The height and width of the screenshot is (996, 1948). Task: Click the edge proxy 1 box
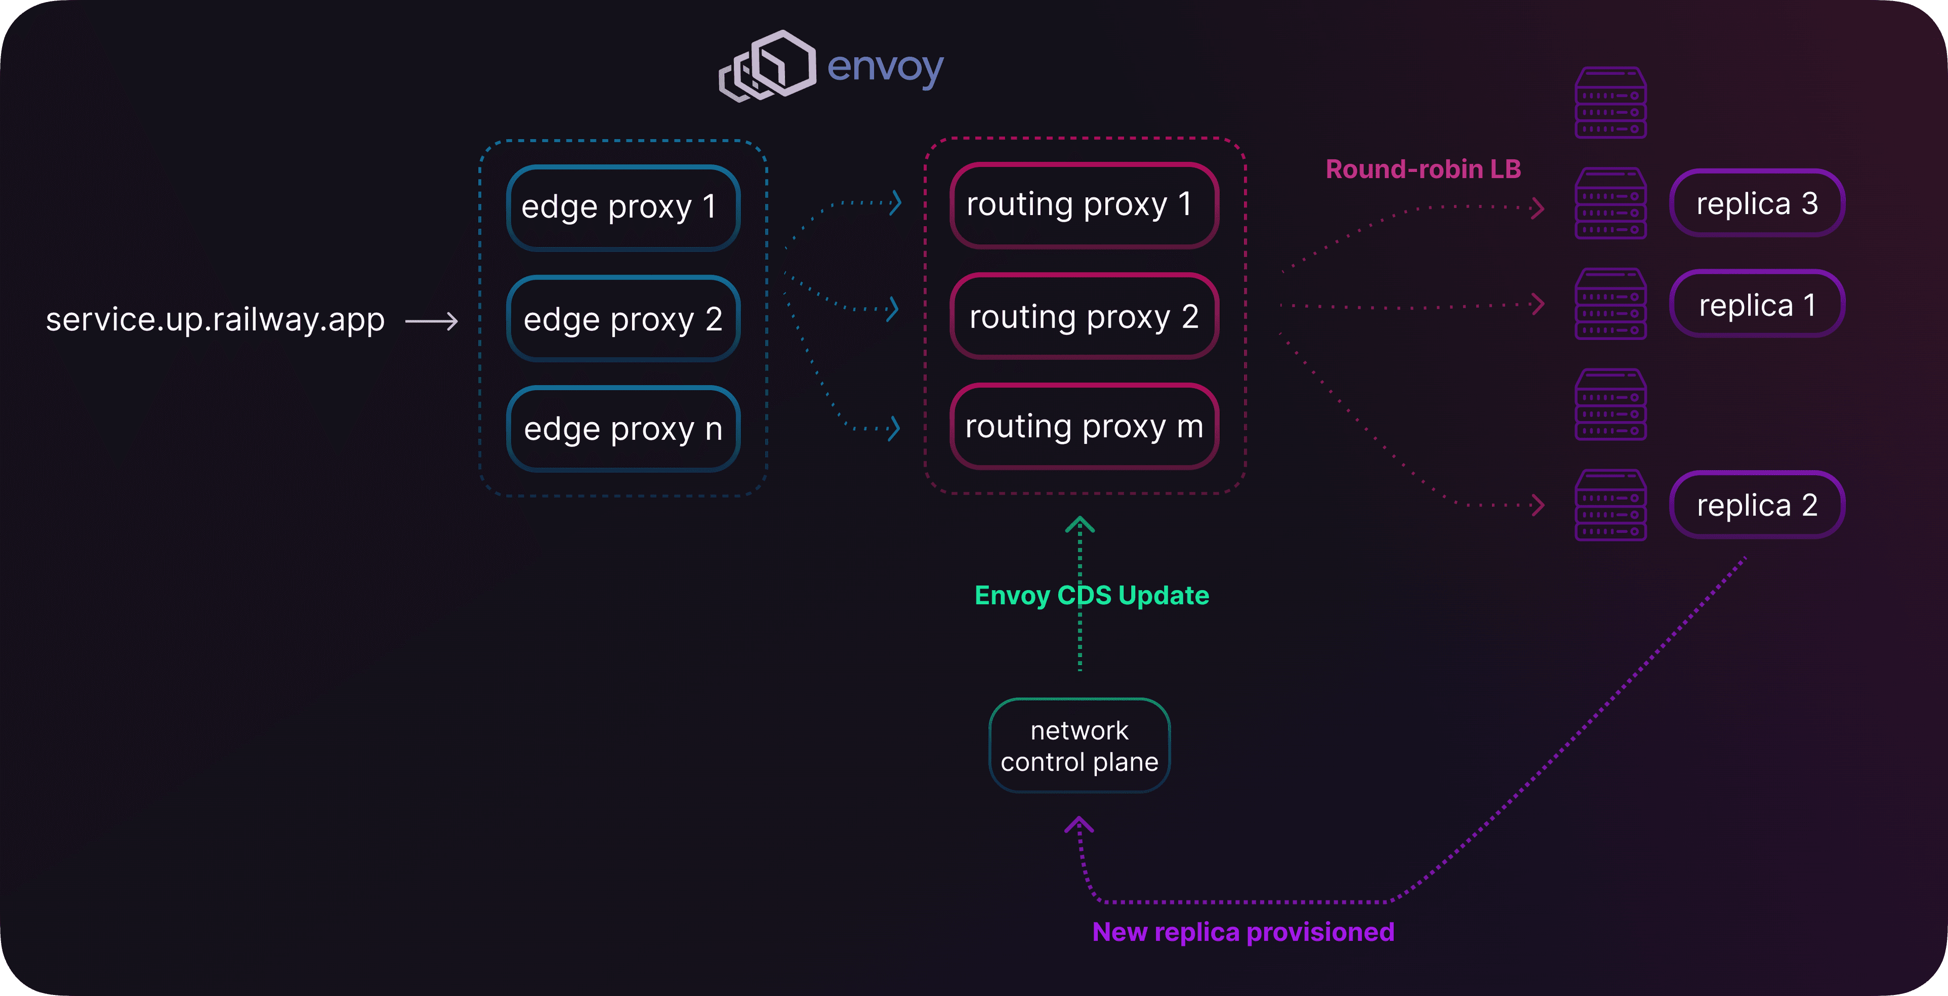[x=622, y=207]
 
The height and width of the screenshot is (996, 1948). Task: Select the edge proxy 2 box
[x=622, y=319]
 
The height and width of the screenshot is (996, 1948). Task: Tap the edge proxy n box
[x=622, y=429]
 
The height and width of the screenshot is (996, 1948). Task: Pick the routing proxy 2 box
[x=1083, y=316]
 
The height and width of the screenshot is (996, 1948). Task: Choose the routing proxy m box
[x=1083, y=427]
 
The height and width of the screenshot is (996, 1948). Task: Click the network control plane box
[x=1079, y=746]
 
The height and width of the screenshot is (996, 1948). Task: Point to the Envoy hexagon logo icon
[x=768, y=66]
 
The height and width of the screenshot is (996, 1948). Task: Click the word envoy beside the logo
[x=885, y=68]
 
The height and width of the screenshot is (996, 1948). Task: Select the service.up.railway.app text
[x=216, y=319]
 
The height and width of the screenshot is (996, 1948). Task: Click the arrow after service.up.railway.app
[x=432, y=321]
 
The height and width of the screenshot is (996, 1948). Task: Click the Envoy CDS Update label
[x=1091, y=595]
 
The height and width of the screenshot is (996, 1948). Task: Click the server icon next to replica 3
[x=1611, y=203]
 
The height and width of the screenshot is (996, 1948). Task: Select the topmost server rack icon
[x=1611, y=103]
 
